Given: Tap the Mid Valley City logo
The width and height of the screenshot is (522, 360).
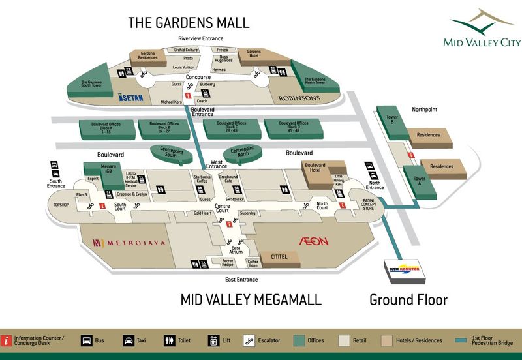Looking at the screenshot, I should point(482,29).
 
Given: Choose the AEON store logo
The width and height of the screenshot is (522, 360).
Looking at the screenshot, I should point(313,241).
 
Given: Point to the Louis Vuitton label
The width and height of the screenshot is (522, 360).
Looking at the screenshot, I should point(184,67).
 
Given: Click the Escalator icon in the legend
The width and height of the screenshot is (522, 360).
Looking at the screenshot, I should point(249,340).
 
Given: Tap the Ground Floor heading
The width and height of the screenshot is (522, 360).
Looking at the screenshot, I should point(408,300).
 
